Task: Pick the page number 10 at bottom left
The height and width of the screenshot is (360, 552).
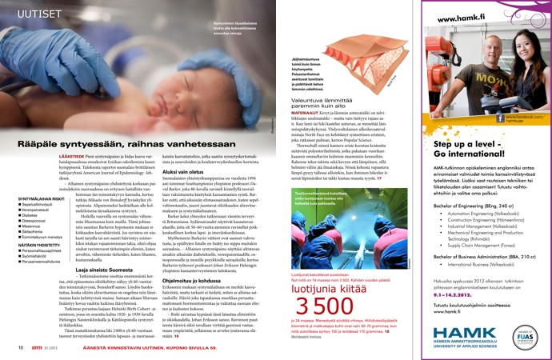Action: pyautogui.click(x=20, y=348)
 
